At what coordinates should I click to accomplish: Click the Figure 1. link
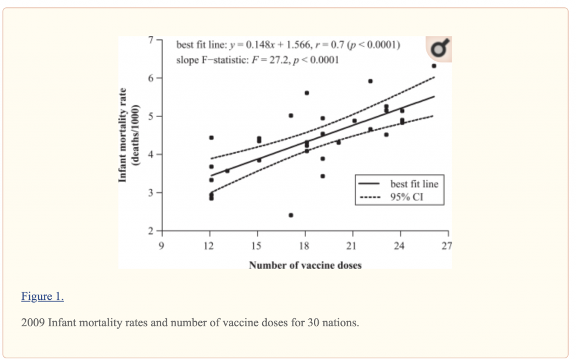(x=43, y=296)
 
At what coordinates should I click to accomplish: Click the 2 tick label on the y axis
(x=151, y=231)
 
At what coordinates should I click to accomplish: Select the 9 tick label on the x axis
(x=161, y=246)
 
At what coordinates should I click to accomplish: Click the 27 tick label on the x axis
(x=447, y=246)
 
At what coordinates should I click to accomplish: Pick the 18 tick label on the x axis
(x=304, y=246)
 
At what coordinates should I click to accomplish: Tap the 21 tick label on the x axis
(x=352, y=246)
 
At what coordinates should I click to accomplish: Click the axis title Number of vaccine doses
(x=305, y=265)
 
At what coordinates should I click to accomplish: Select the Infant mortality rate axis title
(x=123, y=135)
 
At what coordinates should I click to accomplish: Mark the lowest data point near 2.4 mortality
(x=291, y=215)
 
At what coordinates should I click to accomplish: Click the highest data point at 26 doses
(x=434, y=66)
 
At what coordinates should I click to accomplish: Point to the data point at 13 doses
(x=227, y=171)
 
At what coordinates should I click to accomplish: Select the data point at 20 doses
(x=338, y=142)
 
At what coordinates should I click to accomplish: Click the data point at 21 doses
(x=354, y=121)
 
